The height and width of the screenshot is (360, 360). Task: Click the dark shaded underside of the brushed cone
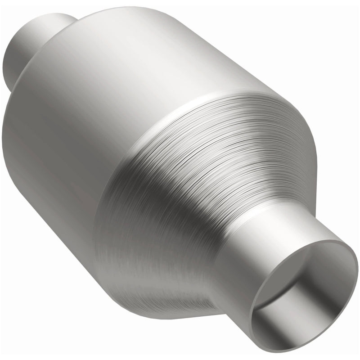click(x=148, y=279)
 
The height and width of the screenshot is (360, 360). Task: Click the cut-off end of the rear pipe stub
click(x=13, y=58)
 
